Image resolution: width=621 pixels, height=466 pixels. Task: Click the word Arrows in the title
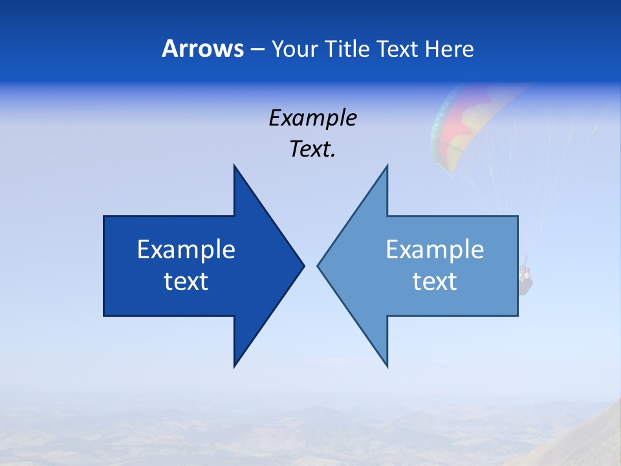(202, 49)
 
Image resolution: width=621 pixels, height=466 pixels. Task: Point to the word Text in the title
(397, 49)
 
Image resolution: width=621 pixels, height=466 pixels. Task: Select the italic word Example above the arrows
(312, 118)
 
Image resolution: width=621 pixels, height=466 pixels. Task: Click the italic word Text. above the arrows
(312, 150)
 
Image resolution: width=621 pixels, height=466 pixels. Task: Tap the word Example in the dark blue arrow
(186, 250)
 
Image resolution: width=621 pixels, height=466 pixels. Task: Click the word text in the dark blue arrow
(186, 282)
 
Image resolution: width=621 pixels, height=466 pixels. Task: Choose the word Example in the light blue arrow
(435, 250)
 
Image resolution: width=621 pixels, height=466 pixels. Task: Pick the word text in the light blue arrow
(435, 282)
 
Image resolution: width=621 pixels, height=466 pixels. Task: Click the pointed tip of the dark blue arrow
(303, 265)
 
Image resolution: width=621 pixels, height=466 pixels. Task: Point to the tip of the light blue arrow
(319, 265)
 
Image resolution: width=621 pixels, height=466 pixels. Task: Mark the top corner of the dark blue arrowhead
(235, 166)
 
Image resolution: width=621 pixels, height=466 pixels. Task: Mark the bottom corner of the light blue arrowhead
(387, 366)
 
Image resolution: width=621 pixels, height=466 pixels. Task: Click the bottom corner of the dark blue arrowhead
(235, 366)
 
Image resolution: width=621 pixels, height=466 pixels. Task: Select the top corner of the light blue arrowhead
(387, 166)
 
